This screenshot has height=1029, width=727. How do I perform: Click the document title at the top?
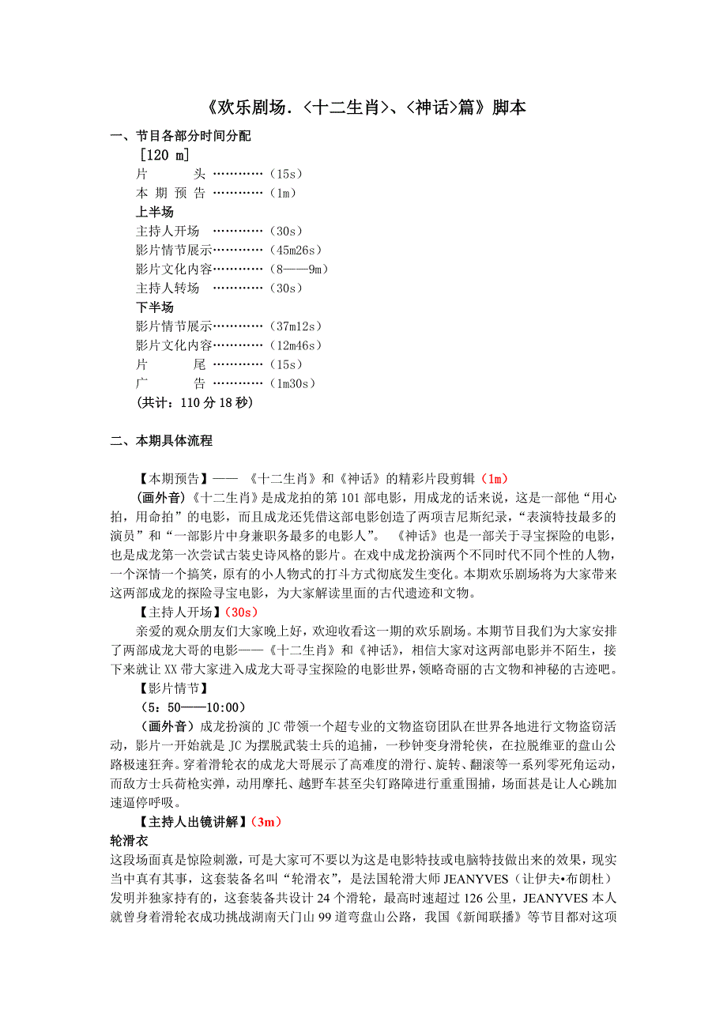(x=363, y=108)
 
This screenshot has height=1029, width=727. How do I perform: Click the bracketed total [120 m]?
(x=164, y=155)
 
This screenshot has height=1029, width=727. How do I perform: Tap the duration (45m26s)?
(x=298, y=250)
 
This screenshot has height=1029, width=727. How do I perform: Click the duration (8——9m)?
(x=298, y=269)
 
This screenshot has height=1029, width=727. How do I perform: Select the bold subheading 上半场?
(x=155, y=212)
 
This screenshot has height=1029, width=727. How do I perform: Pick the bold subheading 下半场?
(x=155, y=307)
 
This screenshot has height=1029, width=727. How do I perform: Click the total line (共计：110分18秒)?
(x=194, y=402)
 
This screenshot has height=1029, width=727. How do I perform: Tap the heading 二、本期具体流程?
(x=162, y=441)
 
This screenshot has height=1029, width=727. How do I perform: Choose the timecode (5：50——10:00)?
(x=190, y=707)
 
